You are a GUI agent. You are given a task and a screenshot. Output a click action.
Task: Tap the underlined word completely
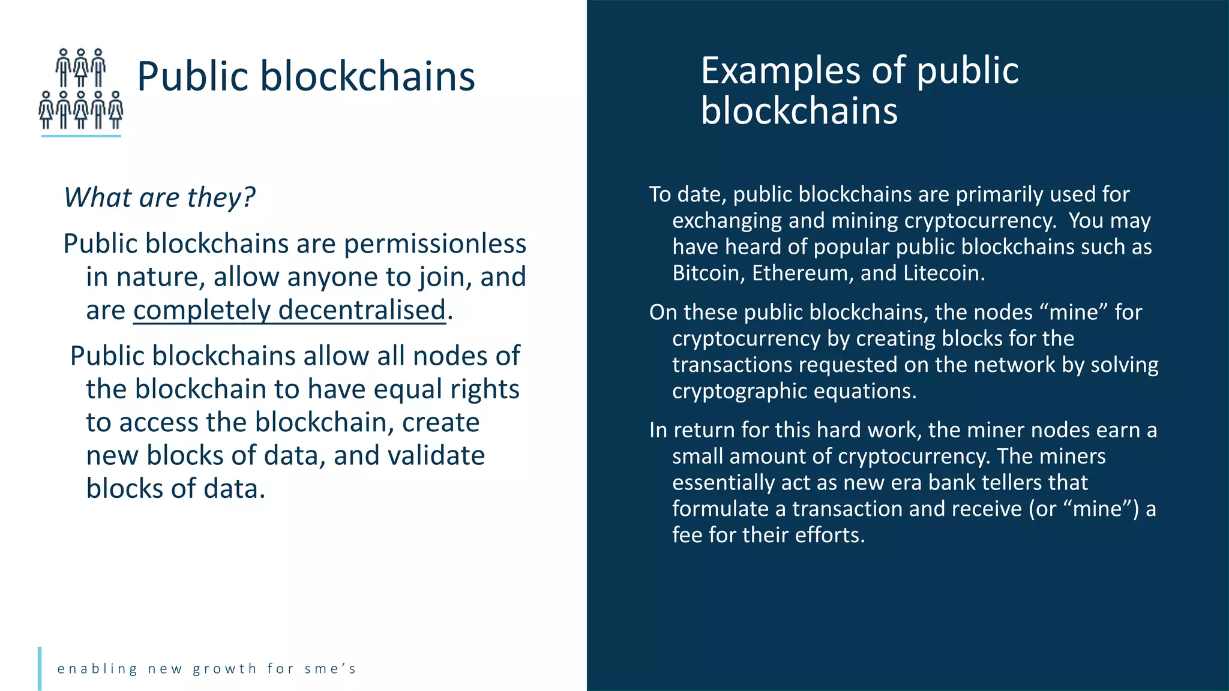pyautogui.click(x=202, y=311)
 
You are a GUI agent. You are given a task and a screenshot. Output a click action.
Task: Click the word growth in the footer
pyautogui.click(x=225, y=669)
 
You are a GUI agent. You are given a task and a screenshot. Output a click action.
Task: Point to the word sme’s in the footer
pyautogui.click(x=330, y=669)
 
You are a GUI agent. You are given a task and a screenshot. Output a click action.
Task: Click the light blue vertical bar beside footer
pyautogui.click(x=40, y=668)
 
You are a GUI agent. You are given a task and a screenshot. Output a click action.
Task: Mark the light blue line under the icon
pyautogui.click(x=81, y=136)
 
